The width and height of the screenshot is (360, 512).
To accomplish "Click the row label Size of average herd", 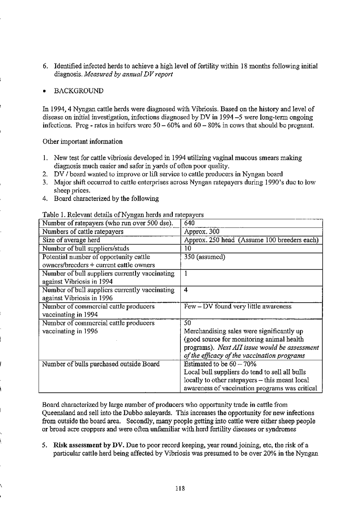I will pos(73,240).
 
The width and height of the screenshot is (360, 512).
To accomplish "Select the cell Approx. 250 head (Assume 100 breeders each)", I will pos(251,240).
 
